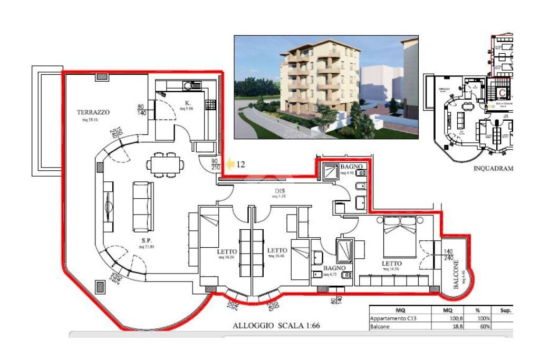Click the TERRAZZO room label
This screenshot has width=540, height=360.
(x=93, y=112)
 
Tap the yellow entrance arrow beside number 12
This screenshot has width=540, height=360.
(x=230, y=164)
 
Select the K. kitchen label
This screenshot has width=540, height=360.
(x=187, y=102)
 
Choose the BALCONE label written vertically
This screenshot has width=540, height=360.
(x=457, y=274)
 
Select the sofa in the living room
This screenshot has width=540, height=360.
(x=142, y=206)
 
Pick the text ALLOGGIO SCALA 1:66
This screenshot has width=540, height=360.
(x=276, y=326)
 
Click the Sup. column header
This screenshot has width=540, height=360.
(x=506, y=310)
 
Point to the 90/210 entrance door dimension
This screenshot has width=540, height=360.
(x=215, y=164)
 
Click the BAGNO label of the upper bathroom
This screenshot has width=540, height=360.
(x=350, y=167)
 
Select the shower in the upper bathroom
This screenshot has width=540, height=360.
(x=332, y=171)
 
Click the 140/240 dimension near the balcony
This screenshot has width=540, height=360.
(x=448, y=255)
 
